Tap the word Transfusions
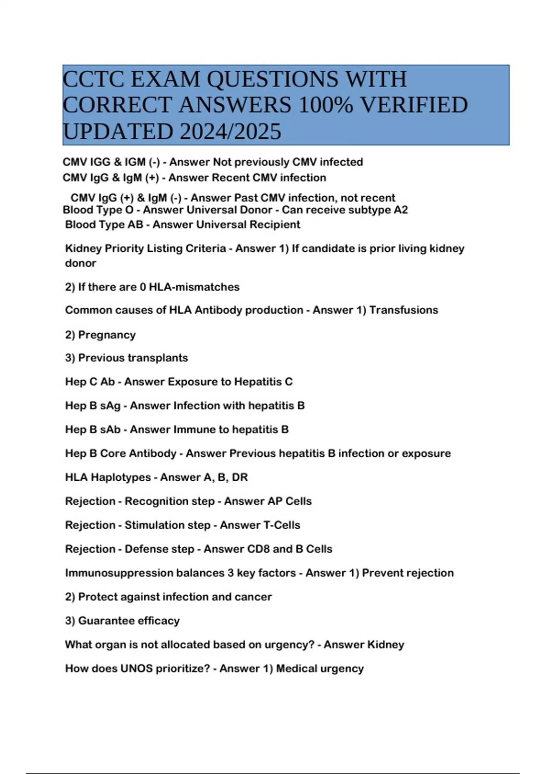(x=404, y=310)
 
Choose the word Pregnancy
(x=107, y=335)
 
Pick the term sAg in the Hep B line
(x=110, y=406)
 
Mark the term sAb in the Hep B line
(x=110, y=430)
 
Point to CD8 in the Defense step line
(x=258, y=549)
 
